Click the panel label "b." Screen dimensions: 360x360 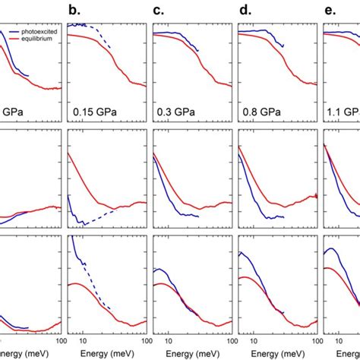point(74,11)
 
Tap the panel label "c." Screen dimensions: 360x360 point(159,11)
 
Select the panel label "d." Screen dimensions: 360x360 point(244,11)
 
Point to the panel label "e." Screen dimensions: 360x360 point(329,11)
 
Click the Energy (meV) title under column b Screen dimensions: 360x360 point(106,354)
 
